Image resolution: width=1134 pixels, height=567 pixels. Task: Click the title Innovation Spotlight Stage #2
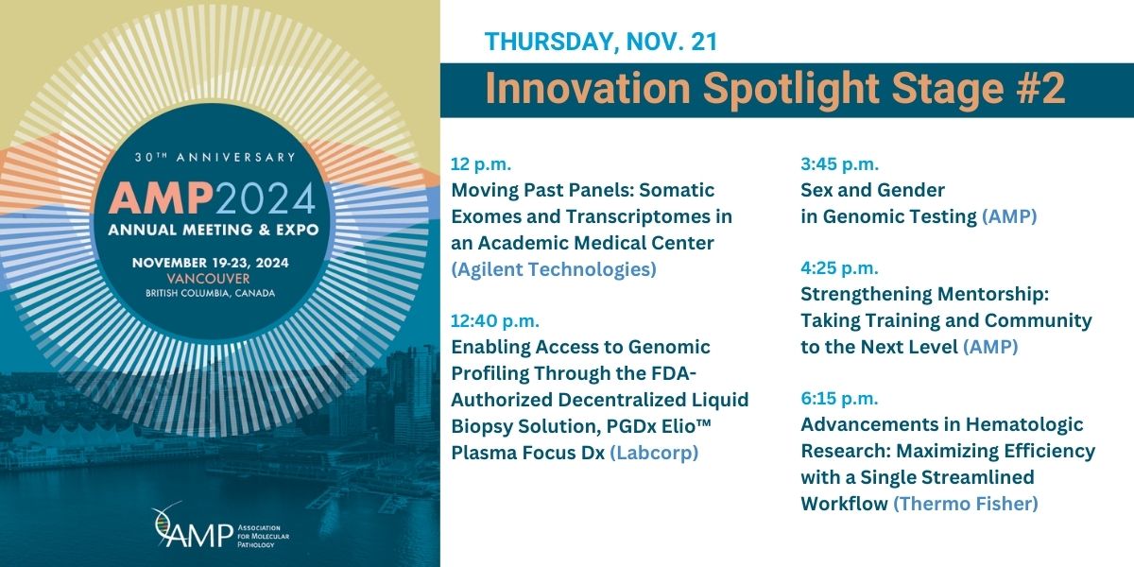point(775,89)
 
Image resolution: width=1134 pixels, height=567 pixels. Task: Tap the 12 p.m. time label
point(482,163)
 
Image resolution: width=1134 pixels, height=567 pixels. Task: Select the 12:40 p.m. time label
point(495,320)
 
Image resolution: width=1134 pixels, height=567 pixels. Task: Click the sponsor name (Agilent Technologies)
point(554,269)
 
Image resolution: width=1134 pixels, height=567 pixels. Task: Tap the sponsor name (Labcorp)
point(654,453)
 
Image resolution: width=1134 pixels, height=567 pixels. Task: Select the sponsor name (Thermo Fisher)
point(965,504)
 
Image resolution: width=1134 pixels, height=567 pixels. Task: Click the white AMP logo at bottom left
point(180,528)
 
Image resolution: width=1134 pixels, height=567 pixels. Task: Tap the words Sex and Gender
point(872,190)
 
